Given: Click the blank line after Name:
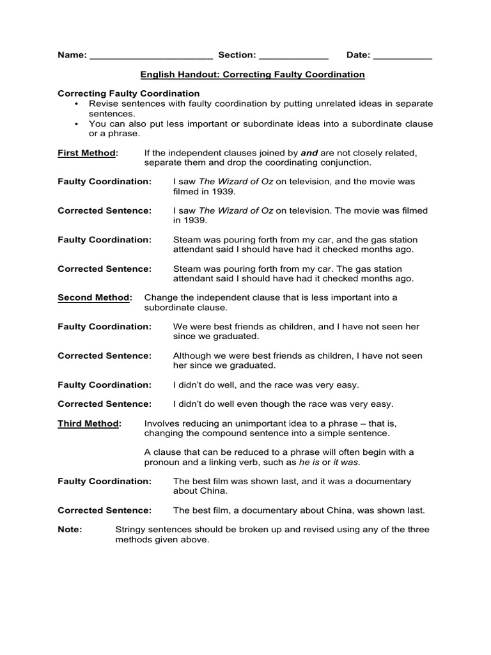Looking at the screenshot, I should [x=151, y=57].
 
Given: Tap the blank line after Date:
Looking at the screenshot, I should [x=402, y=57].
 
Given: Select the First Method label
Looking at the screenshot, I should [x=88, y=153].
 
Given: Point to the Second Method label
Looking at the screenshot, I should [x=95, y=297].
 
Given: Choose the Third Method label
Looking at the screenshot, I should [x=89, y=423].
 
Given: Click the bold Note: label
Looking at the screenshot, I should [x=70, y=530].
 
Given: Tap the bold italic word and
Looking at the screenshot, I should [x=309, y=153].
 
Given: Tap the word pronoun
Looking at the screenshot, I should [x=162, y=462].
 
